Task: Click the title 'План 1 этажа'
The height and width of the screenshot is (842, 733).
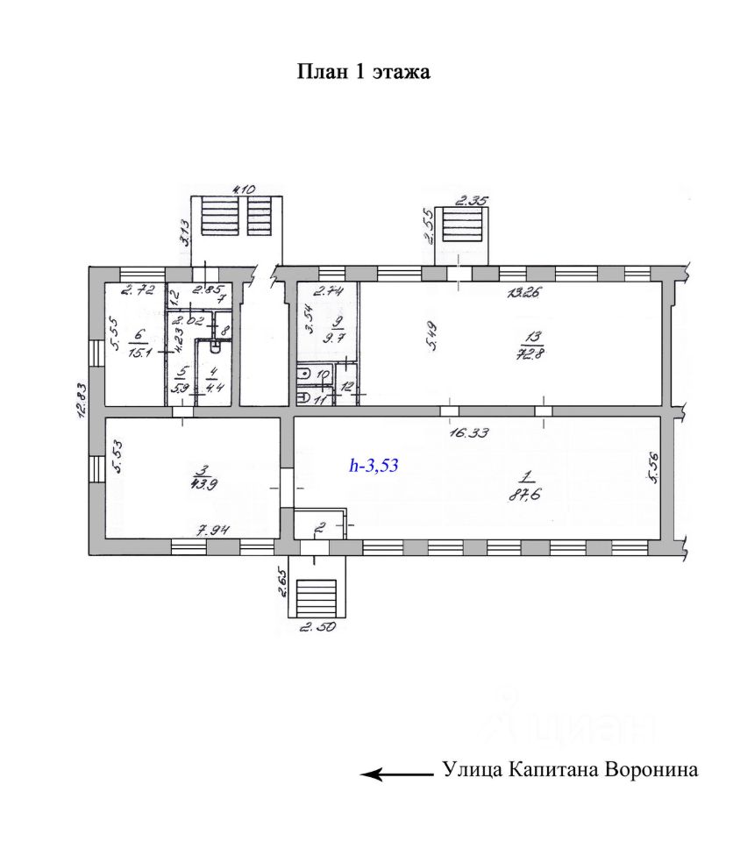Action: (x=365, y=72)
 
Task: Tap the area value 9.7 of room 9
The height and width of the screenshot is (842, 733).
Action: (x=331, y=333)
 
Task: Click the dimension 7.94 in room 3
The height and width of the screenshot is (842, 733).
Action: (x=214, y=529)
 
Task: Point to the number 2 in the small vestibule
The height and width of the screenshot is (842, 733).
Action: (x=320, y=528)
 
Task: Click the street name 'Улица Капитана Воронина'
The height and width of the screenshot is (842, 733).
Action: (x=571, y=771)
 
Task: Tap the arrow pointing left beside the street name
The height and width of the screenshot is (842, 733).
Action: (x=397, y=774)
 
